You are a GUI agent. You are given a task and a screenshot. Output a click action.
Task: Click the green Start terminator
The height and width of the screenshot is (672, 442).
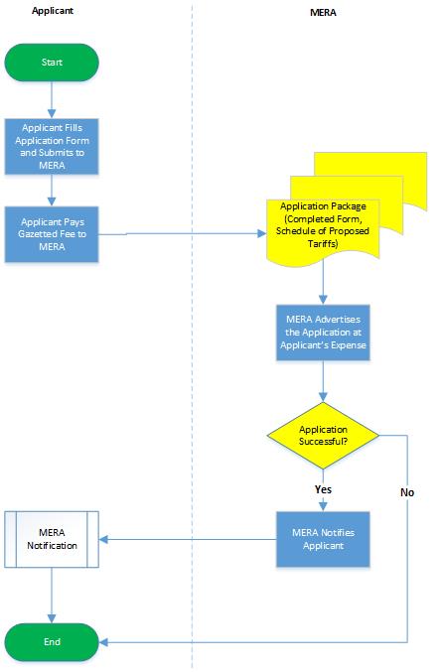[x=52, y=62]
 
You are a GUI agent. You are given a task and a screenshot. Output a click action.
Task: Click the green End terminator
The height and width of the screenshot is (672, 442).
[x=52, y=642]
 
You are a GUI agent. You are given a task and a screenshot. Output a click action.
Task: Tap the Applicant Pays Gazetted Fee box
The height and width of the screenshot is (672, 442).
[x=52, y=234]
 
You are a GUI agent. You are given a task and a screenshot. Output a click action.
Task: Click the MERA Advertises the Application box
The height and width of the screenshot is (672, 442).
[x=322, y=333]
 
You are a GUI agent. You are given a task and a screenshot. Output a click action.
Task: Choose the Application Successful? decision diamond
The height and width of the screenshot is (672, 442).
[x=322, y=435]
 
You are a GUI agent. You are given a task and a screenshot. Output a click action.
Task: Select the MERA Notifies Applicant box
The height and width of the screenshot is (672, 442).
[x=322, y=539]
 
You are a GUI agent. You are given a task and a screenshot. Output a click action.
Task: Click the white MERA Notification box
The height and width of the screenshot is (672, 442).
[x=52, y=539]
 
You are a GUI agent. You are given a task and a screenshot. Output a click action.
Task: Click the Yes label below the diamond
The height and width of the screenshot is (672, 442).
[x=322, y=488]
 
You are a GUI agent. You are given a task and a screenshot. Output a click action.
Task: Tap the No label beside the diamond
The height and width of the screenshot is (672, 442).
[x=407, y=491]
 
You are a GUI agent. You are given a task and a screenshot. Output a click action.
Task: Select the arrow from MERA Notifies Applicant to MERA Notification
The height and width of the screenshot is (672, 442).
[x=189, y=540]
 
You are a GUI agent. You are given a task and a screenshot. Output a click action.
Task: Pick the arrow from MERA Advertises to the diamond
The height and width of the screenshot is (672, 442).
[x=322, y=380]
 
